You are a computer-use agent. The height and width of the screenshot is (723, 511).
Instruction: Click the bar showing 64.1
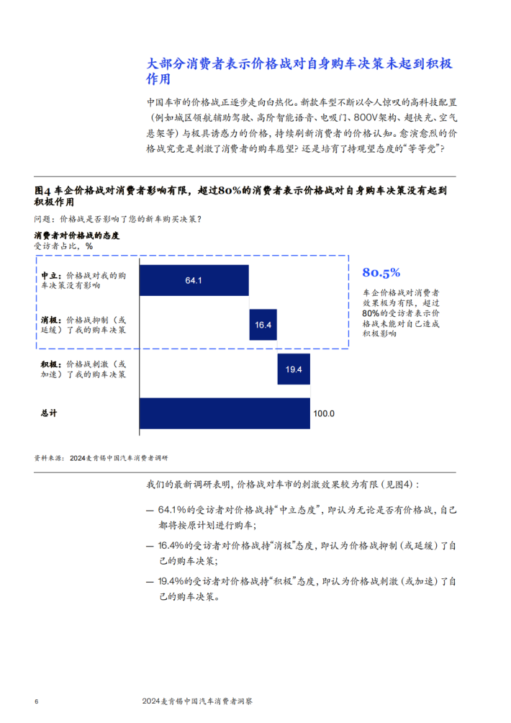click(194, 280)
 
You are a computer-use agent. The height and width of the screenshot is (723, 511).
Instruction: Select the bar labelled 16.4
click(263, 325)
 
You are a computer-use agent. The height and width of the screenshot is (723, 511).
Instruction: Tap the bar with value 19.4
click(294, 369)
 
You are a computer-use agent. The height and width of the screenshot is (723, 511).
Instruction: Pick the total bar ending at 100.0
click(225, 413)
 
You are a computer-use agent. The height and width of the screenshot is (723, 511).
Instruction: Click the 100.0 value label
click(324, 413)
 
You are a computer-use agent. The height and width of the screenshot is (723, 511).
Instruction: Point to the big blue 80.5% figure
click(381, 272)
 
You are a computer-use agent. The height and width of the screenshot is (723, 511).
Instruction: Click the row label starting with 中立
click(83, 280)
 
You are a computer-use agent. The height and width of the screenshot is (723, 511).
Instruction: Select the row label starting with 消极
click(83, 325)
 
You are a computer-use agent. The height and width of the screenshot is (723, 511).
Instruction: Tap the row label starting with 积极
click(83, 369)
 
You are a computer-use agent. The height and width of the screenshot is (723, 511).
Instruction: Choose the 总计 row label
click(49, 413)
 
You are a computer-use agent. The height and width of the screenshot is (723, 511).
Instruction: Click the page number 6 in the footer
click(37, 701)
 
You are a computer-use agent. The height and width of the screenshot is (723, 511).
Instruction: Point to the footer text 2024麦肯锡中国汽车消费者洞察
click(197, 701)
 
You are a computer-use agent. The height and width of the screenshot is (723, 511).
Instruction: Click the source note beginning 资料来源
click(101, 458)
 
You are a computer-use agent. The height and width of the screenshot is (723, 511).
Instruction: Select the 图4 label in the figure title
click(42, 190)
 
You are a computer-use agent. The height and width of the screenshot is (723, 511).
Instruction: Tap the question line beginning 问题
click(118, 219)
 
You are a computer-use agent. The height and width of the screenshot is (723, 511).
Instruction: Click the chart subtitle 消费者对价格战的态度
click(77, 235)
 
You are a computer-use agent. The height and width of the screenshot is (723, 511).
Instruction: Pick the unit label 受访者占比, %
click(63, 246)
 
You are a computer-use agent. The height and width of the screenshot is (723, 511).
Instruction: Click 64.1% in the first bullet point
click(172, 510)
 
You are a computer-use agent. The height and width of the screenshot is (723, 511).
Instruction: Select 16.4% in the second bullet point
click(171, 545)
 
